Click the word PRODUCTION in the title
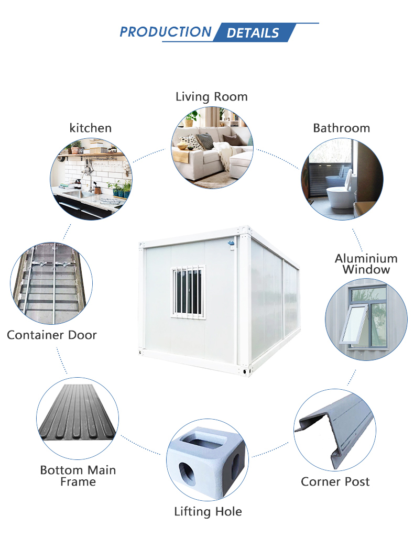pos(165,32)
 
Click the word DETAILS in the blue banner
pos(253,33)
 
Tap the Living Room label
pos(212,96)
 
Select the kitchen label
pos(90,128)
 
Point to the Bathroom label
pos(342,128)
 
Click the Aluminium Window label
pos(366,263)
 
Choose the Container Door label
pos(52,335)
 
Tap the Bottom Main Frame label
pos(78,476)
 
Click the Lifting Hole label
pos(208,511)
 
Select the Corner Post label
pos(335,481)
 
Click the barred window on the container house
pos(188,292)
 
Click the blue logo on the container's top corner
pos(231,243)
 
